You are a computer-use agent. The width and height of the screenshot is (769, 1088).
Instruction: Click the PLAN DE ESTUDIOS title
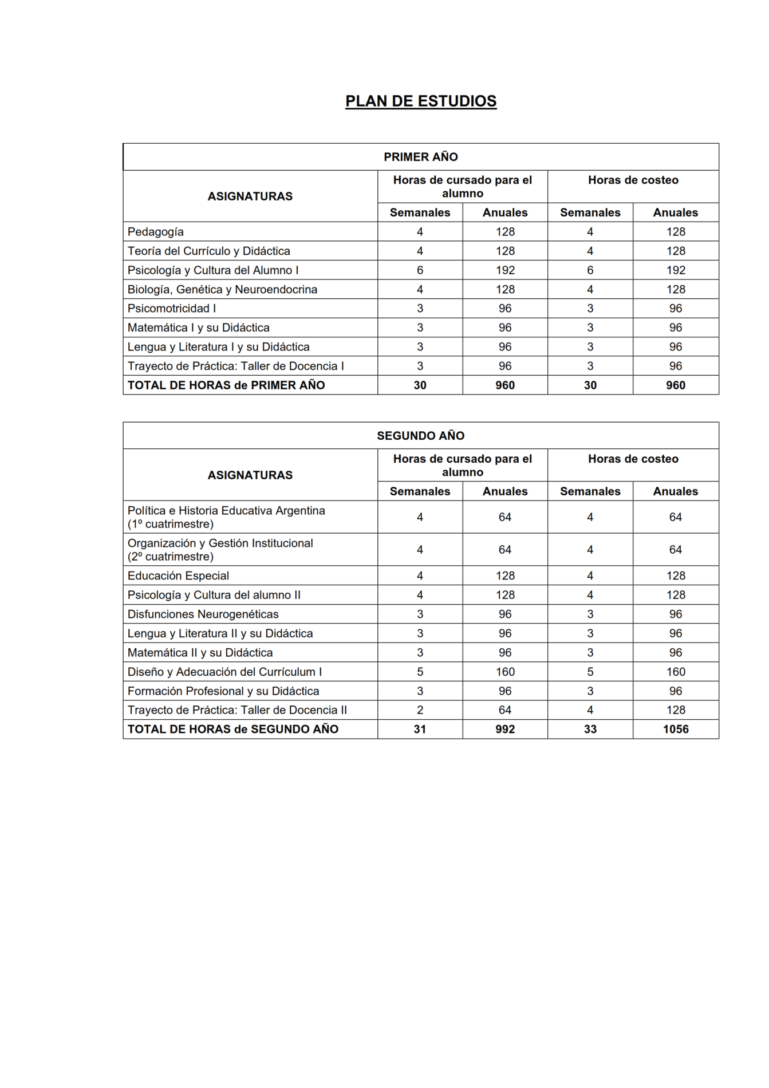pyautogui.click(x=421, y=101)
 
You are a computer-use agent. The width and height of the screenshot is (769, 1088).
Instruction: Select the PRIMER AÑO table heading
pyautogui.click(x=421, y=157)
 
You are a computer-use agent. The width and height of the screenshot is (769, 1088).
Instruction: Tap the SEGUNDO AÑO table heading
pyautogui.click(x=421, y=436)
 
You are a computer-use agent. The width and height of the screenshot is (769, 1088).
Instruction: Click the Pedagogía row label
pyautogui.click(x=156, y=232)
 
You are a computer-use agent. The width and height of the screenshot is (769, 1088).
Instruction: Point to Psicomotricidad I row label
pyautogui.click(x=172, y=309)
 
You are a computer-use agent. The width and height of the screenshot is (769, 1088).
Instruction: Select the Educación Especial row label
pyautogui.click(x=178, y=576)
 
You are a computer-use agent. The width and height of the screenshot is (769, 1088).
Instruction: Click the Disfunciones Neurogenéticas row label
pyautogui.click(x=203, y=614)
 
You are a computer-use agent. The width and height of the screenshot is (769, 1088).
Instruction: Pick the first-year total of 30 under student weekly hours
pyautogui.click(x=420, y=385)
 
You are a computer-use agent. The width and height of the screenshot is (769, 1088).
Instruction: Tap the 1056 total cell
pyautogui.click(x=676, y=730)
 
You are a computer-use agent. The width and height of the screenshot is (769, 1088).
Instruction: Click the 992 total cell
pyautogui.click(x=505, y=730)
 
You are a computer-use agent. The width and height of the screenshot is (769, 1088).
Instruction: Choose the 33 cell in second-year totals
pyautogui.click(x=590, y=730)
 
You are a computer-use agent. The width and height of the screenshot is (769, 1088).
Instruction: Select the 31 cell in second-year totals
pyautogui.click(x=420, y=730)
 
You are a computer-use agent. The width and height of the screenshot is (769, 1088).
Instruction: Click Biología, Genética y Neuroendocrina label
pyautogui.click(x=222, y=290)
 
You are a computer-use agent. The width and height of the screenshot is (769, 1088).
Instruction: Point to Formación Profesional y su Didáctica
pyautogui.click(x=223, y=691)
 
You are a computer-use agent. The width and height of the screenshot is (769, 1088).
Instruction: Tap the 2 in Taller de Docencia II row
pyautogui.click(x=420, y=710)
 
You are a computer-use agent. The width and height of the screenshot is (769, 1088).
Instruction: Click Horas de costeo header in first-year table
pyautogui.click(x=633, y=180)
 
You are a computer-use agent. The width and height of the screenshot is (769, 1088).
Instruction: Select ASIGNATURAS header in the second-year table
pyautogui.click(x=250, y=475)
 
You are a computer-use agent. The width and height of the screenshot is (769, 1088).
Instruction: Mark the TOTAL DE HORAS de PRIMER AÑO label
pyautogui.click(x=226, y=385)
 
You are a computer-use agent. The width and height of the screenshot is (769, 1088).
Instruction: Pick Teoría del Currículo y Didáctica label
pyautogui.click(x=209, y=251)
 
